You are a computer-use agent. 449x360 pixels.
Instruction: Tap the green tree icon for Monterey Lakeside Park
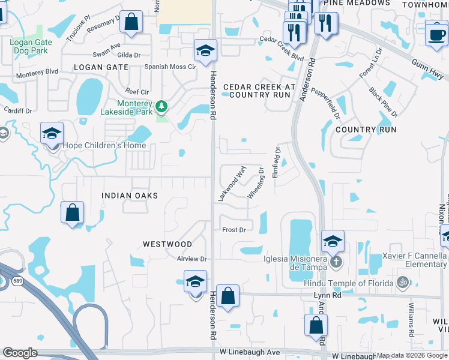(x=161, y=107)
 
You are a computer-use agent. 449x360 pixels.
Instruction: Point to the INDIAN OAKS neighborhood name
(x=130, y=196)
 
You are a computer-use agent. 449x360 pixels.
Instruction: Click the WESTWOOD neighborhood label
(x=167, y=244)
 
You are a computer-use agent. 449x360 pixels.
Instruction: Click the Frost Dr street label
(x=234, y=230)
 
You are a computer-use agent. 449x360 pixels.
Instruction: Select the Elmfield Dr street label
(x=277, y=161)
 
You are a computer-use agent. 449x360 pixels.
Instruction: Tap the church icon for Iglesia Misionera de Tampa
(x=336, y=261)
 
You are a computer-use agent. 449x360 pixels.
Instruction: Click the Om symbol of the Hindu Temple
(x=403, y=282)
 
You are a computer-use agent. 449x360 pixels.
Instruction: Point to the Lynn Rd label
(x=327, y=295)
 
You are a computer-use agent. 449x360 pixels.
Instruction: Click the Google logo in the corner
(x=20, y=353)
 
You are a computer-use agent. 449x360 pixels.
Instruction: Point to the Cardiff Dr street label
(x=16, y=110)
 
